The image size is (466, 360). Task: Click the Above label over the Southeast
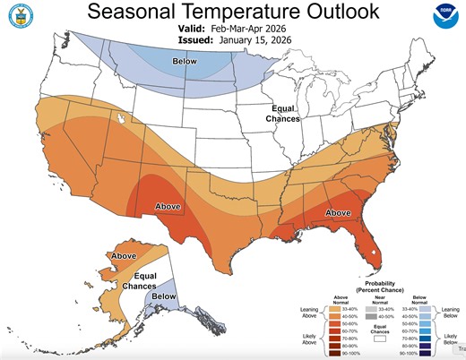point(338,212)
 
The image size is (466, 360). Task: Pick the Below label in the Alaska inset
point(163,296)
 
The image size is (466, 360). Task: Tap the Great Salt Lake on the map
point(119,116)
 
